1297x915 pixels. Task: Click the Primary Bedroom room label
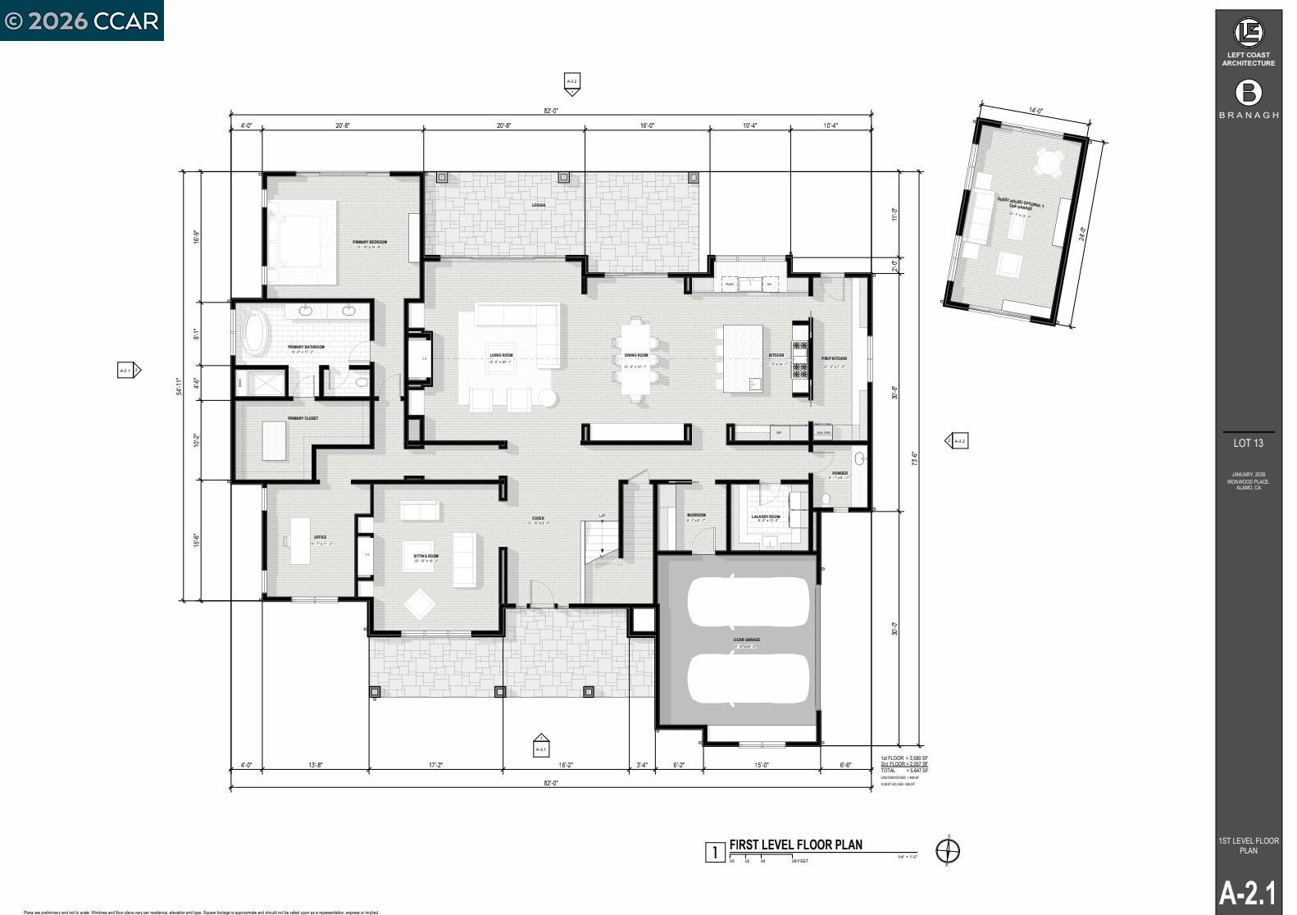[370, 242]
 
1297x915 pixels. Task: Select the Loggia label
[539, 205]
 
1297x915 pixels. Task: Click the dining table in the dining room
[636, 358]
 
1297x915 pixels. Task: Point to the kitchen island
[743, 358]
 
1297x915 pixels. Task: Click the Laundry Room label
[766, 517]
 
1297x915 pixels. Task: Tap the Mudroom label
[696, 515]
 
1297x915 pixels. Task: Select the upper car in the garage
[749, 601]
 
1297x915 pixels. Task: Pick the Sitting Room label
[426, 556]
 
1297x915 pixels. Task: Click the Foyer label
[538, 518]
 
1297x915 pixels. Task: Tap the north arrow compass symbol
[948, 851]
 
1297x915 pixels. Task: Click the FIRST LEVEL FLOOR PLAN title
[795, 845]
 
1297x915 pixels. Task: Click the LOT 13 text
[1248, 444]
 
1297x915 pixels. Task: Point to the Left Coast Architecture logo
[1249, 33]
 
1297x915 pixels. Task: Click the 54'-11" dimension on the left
[180, 385]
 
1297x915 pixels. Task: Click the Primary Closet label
[303, 419]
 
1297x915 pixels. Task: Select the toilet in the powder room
[826, 499]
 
